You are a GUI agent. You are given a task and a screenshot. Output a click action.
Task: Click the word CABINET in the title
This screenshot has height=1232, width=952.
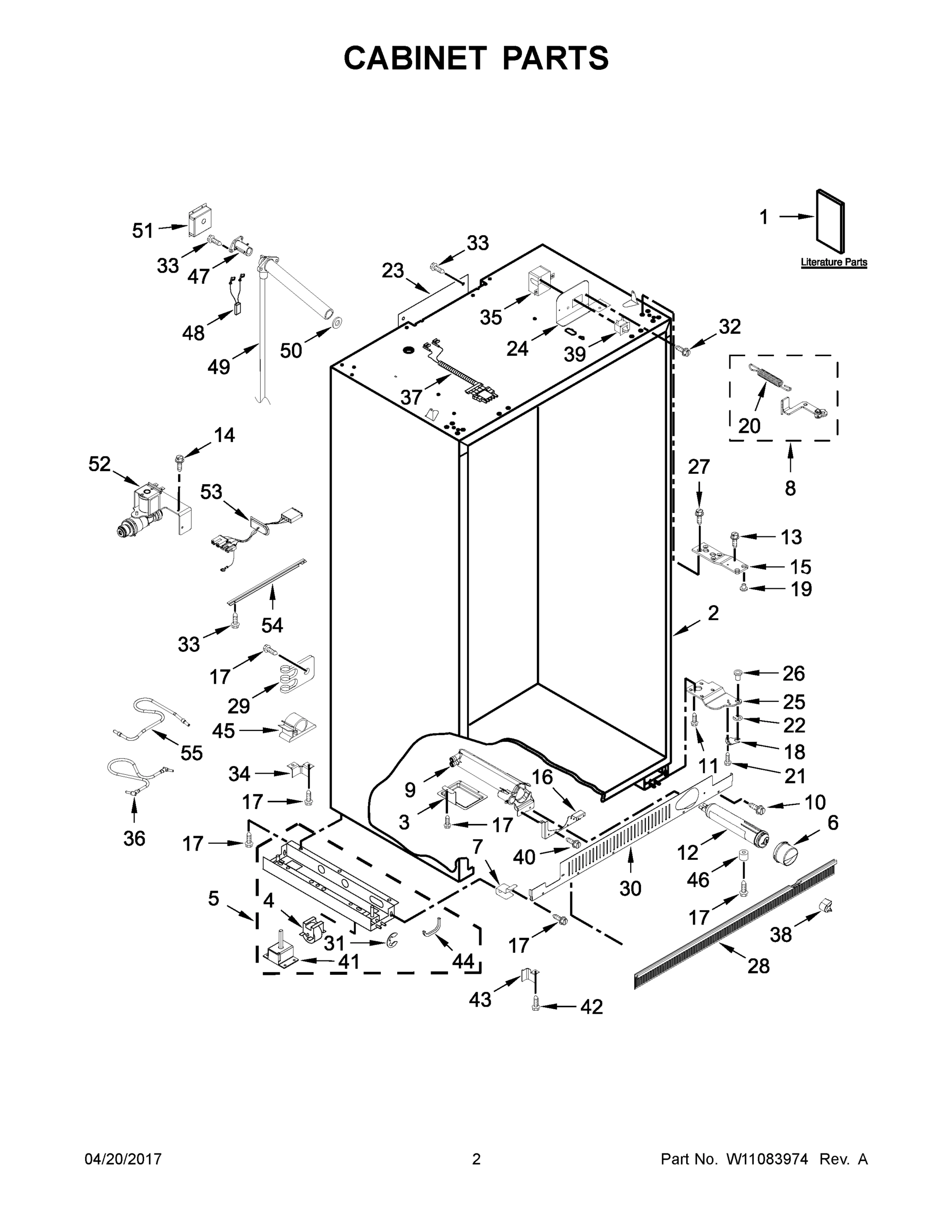tap(415, 58)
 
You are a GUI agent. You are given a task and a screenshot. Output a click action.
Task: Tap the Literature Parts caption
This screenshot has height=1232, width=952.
tap(833, 262)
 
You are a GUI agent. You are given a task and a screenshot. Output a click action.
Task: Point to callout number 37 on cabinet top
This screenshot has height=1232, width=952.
tap(411, 397)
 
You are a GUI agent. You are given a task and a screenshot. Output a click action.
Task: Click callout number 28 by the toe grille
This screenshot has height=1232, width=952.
tap(759, 966)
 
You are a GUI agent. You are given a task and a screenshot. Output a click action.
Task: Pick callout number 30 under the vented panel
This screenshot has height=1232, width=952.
tap(631, 889)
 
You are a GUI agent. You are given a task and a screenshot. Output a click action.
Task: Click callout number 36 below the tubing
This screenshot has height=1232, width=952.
tap(134, 838)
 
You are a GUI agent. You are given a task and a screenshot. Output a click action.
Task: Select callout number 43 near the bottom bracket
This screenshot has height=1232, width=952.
tap(480, 999)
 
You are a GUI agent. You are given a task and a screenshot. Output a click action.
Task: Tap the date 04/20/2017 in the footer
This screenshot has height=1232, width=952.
tap(123, 1159)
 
